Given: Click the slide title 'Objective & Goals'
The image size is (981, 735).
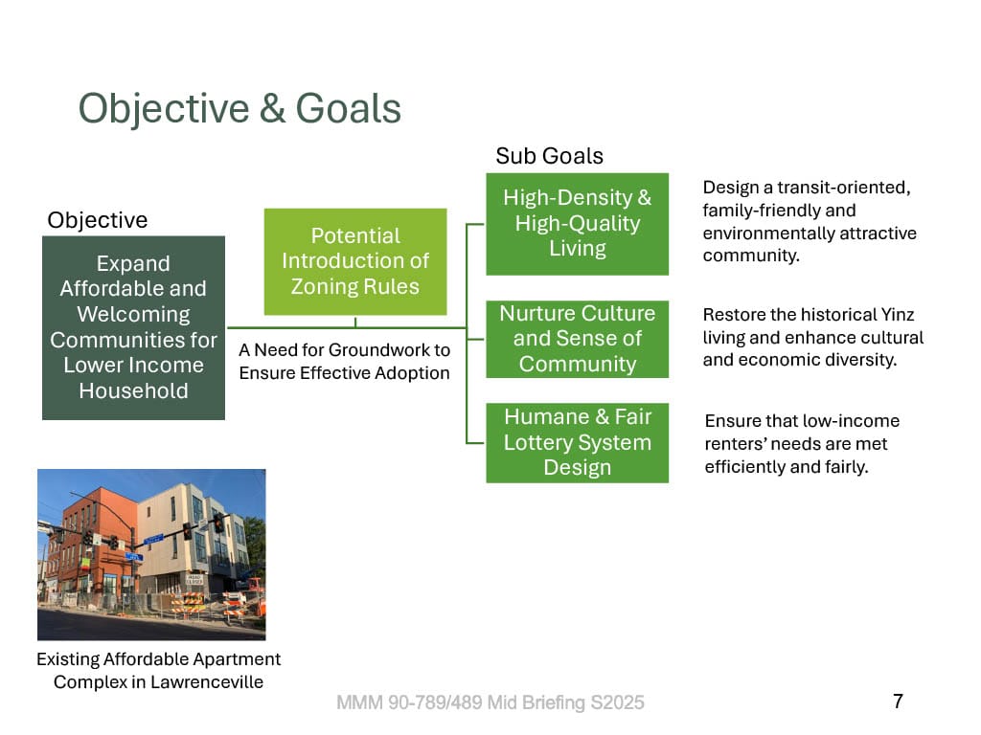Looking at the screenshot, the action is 240,109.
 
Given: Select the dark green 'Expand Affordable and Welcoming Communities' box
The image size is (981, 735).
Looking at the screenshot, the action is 133,327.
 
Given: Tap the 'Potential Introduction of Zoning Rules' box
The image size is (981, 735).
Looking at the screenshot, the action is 355,261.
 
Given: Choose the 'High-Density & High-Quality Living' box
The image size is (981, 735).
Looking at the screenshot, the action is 578,224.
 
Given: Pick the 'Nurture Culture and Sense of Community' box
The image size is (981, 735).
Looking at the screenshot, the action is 578,339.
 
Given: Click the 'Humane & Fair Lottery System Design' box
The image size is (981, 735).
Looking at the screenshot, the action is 578,442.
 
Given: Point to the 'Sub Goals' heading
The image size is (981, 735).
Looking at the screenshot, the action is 549,156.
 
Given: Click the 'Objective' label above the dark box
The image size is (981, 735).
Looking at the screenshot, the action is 98,220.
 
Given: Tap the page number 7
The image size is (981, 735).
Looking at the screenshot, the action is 898,702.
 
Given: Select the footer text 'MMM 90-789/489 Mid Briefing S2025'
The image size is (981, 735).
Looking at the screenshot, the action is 490,702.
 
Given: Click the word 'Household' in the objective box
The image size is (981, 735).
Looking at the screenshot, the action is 133,390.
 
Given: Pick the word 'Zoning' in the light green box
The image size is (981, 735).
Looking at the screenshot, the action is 323,287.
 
